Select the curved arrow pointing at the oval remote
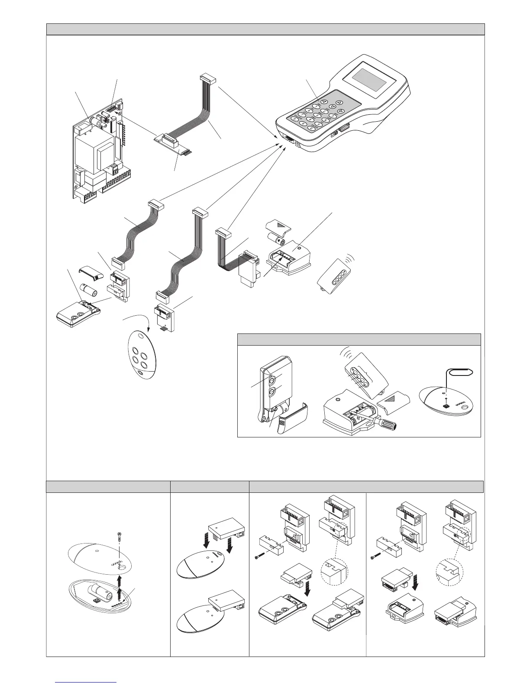coord(138,323)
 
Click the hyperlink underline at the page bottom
coord(87,682)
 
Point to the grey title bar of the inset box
coord(359,339)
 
